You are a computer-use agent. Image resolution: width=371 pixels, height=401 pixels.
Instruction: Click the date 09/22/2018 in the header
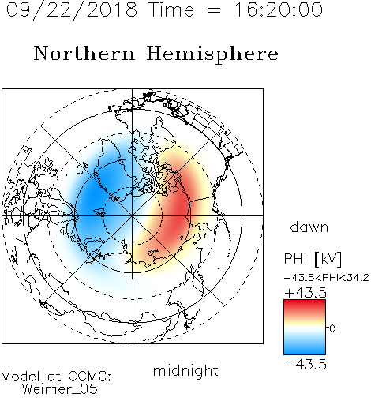tap(72, 10)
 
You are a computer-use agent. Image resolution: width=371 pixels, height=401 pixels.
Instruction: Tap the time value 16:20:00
tap(279, 9)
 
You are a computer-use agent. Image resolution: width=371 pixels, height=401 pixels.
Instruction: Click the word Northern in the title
tap(84, 53)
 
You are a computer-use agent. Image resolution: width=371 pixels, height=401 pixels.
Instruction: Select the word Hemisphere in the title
tap(212, 54)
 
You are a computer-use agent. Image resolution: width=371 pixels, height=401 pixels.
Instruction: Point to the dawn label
tap(309, 227)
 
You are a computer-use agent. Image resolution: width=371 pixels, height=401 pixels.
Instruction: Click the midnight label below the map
tap(185, 370)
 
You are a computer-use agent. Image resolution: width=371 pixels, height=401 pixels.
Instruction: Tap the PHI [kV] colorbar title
tap(313, 259)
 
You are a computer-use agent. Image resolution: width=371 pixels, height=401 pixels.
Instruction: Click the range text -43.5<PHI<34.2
tap(327, 278)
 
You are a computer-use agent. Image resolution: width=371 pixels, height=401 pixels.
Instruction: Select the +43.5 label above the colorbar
tap(305, 293)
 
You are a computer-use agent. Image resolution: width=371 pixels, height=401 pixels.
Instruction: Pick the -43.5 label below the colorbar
tap(305, 365)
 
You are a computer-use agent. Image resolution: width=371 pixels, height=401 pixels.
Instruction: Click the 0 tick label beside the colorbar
tap(332, 328)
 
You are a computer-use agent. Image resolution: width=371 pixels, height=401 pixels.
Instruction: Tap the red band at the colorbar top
tap(305, 305)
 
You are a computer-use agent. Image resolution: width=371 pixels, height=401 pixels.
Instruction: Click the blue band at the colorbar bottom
tap(305, 349)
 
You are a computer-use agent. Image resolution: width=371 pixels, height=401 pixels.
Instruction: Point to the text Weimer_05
tap(60, 388)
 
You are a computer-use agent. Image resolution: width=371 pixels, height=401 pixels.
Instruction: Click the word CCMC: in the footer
tap(90, 377)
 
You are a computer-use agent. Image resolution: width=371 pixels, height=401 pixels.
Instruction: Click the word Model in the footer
tap(21, 377)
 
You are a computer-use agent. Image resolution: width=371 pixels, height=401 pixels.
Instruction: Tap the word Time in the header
tap(171, 9)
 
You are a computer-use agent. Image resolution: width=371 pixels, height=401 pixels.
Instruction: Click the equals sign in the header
tap(214, 10)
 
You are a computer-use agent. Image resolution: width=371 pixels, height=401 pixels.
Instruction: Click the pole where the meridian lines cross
tap(133, 215)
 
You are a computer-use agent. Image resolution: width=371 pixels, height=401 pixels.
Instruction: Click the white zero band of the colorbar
tap(305, 328)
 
